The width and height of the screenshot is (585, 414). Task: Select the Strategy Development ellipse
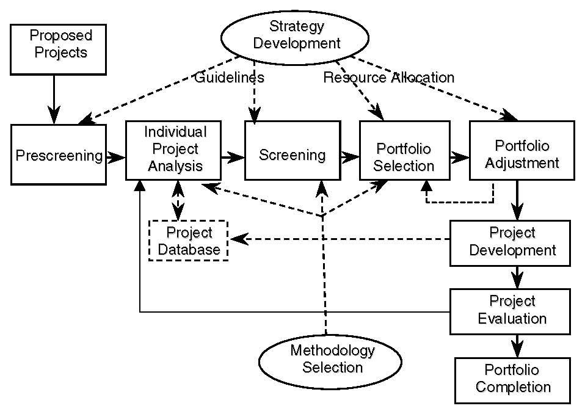296,35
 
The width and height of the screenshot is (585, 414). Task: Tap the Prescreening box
58,155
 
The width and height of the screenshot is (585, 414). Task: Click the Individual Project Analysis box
175,150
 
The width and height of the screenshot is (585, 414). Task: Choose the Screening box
292,155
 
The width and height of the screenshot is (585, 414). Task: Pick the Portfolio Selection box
404,156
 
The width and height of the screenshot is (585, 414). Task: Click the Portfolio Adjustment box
521,154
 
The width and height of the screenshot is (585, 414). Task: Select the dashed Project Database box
188,241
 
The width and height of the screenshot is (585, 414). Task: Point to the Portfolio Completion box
513,379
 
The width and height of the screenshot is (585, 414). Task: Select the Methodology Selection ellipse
332,359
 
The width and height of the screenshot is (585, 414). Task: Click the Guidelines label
229,78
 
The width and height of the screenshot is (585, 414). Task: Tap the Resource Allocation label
389,78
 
